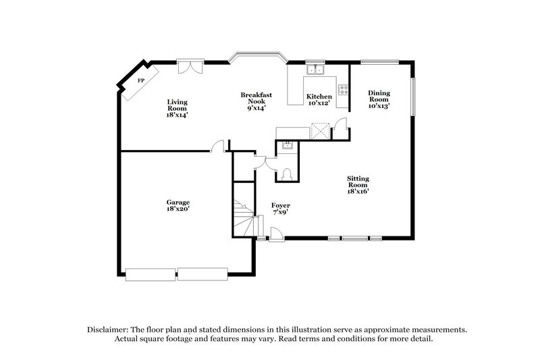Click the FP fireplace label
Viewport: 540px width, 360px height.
coord(141,81)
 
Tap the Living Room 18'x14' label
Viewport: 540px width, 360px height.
coord(178,109)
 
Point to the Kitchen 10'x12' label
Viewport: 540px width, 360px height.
coord(319,99)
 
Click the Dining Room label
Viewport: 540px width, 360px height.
coord(379,99)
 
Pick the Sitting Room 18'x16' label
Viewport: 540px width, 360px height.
coord(358,184)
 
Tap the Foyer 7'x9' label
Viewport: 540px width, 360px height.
coord(281,209)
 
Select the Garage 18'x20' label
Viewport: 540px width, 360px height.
coord(178,206)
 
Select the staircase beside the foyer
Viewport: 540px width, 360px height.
coord(244,215)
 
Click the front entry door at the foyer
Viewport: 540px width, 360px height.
coord(275,234)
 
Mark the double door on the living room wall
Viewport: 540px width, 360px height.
coord(189,67)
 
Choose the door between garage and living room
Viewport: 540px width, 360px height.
coord(217,145)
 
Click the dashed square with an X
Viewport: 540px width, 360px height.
coord(319,130)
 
